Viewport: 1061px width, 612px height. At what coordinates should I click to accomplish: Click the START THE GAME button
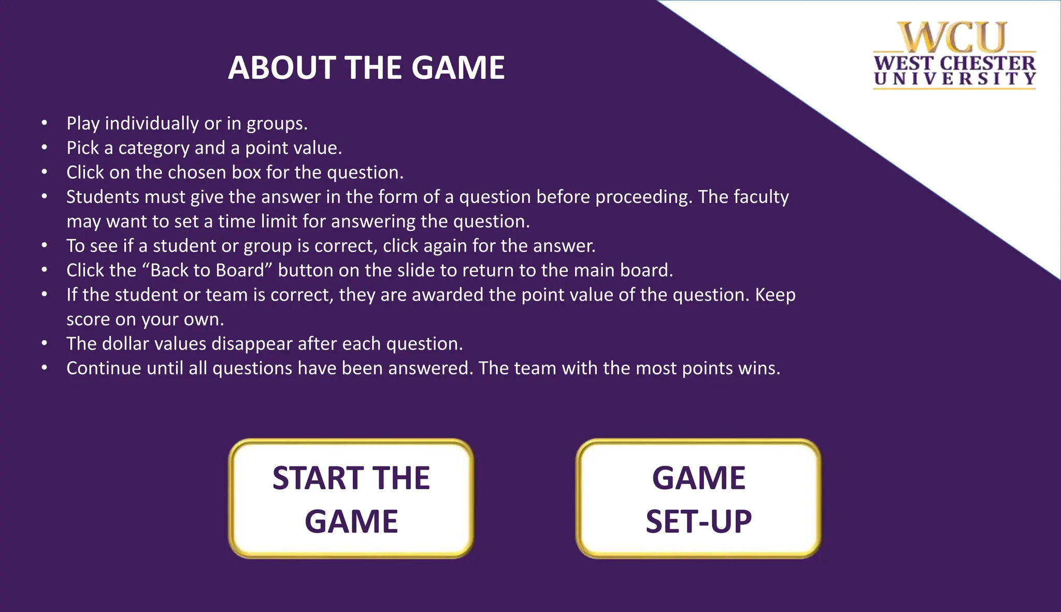pos(351,499)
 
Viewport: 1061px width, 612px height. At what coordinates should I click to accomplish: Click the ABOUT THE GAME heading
pos(366,68)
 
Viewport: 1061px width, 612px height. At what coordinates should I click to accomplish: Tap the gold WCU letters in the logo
pos(954,37)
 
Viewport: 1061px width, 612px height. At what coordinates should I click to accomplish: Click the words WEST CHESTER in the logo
pos(954,64)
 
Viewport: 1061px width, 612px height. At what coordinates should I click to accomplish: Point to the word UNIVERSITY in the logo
pos(954,79)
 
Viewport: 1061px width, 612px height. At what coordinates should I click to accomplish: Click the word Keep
pos(775,295)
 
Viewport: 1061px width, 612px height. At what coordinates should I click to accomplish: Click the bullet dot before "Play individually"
pos(45,123)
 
